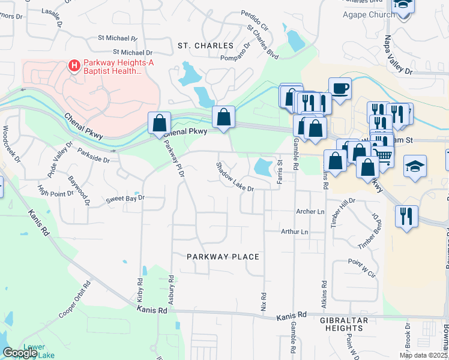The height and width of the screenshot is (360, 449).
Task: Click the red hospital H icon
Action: [74, 65]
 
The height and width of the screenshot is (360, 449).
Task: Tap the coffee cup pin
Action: [340, 88]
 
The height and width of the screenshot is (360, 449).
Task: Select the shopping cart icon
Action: [384, 156]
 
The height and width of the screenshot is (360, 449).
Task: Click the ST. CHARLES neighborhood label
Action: [205, 46]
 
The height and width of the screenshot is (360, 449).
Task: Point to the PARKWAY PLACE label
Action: [223, 257]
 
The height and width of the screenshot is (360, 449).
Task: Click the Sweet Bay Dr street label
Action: [125, 197]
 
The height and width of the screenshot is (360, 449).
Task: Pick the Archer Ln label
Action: [310, 212]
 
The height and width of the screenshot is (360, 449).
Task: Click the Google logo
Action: [20, 353]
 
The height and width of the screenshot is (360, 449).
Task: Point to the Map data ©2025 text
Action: [424, 355]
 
